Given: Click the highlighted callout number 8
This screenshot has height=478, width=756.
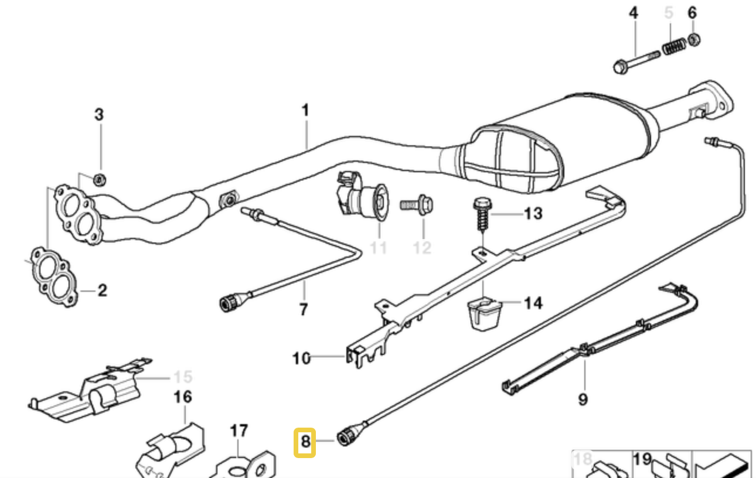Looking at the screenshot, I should [x=305, y=441].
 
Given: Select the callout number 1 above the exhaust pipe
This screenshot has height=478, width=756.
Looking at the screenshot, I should [x=305, y=110].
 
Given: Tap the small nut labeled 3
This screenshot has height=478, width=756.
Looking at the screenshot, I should [x=99, y=178].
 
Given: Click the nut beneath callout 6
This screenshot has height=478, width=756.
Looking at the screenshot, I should [x=693, y=39].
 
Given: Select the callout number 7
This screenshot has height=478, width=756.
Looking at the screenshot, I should [x=303, y=309].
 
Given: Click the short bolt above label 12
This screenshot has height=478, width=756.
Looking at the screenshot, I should [x=417, y=205].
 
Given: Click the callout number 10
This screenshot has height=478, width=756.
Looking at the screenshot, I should [x=301, y=358].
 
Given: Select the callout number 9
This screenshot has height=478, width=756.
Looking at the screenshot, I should [x=582, y=400].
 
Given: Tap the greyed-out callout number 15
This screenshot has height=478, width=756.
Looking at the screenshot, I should [x=182, y=377].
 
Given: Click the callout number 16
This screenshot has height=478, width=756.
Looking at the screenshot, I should [x=182, y=398].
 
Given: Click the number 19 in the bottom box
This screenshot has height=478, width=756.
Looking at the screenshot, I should [x=642, y=459].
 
